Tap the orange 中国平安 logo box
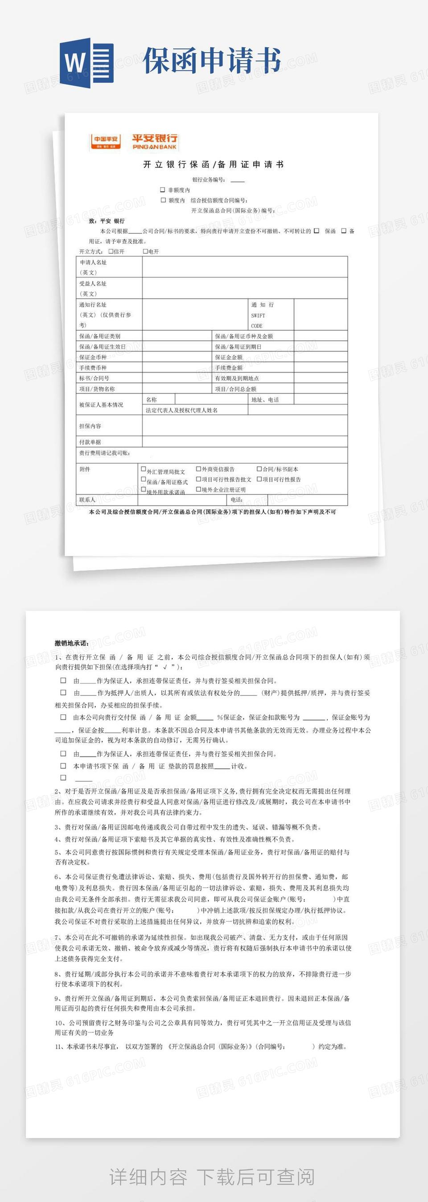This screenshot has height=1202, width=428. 106,142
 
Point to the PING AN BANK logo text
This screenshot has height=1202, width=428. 155,147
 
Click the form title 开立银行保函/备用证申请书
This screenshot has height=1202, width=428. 213,164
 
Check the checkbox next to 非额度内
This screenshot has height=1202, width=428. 162,190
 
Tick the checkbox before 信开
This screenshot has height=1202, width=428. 111,251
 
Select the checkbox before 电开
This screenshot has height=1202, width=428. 145,251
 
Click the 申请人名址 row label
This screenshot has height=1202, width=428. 93,262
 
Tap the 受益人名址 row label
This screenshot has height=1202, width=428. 93,283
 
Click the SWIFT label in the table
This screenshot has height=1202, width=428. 258,316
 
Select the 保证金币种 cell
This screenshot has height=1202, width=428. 93,357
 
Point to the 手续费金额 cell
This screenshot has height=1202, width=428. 229,368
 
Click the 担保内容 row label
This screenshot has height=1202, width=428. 90,426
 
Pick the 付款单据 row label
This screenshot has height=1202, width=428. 90,442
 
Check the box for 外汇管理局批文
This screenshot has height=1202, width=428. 144,469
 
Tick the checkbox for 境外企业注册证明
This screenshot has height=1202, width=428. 198,489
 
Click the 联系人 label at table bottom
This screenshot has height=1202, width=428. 87,500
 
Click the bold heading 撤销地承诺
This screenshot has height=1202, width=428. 72,643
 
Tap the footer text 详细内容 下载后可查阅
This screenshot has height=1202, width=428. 212,1177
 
